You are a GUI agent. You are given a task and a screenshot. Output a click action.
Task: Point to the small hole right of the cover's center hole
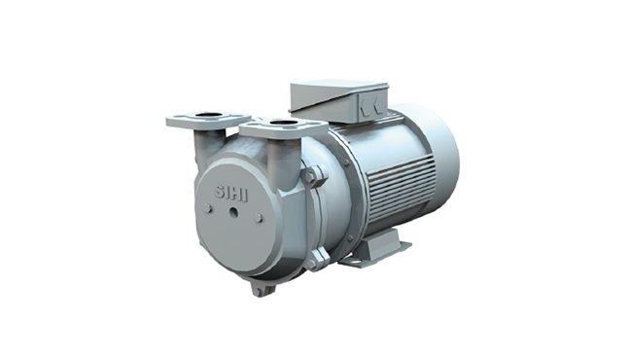tap(260, 218)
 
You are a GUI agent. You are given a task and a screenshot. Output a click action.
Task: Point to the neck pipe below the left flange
tap(202, 146)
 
